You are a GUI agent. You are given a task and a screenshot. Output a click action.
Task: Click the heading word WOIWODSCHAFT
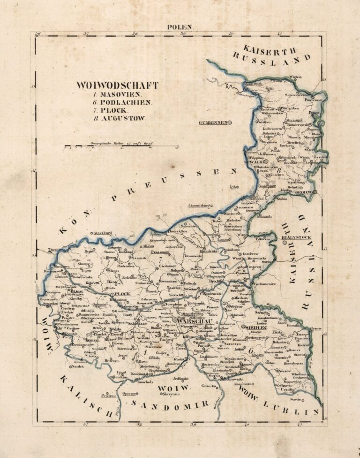(117, 85)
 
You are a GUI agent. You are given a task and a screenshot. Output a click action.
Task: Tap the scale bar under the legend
(122, 146)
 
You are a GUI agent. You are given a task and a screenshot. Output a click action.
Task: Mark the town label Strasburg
(104, 232)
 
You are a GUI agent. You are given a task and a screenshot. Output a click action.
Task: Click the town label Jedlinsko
(180, 378)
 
